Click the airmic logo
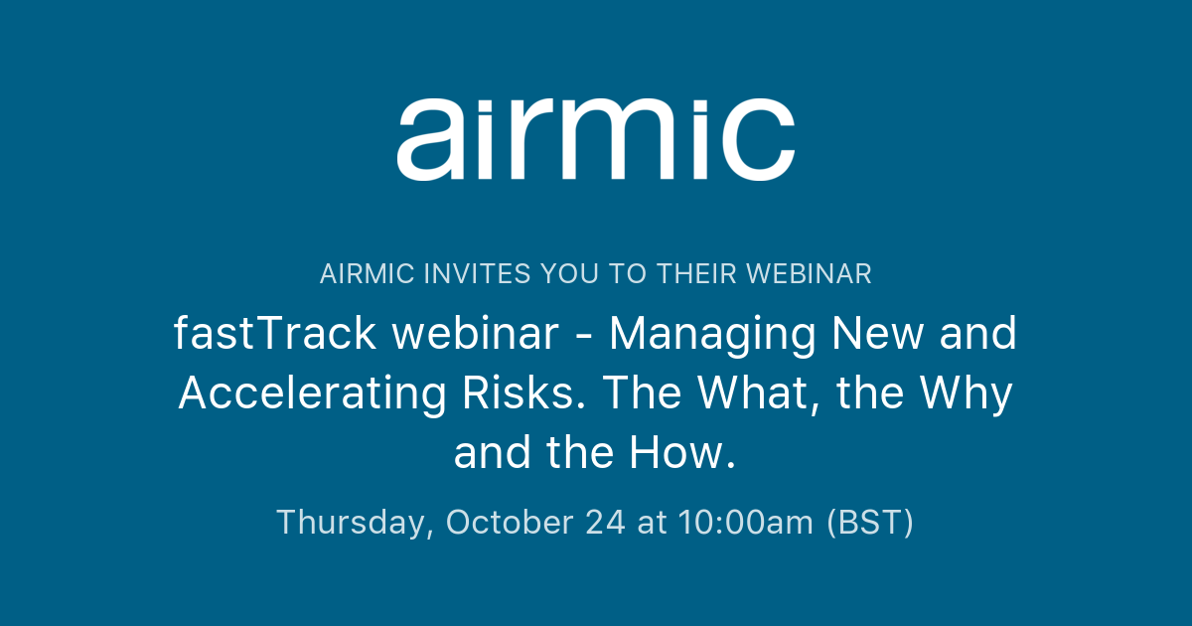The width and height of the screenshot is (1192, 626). point(595,138)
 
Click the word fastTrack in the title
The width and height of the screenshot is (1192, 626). point(275,335)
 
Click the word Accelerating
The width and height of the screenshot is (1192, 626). point(313,394)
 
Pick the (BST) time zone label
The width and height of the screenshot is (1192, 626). point(870,523)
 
